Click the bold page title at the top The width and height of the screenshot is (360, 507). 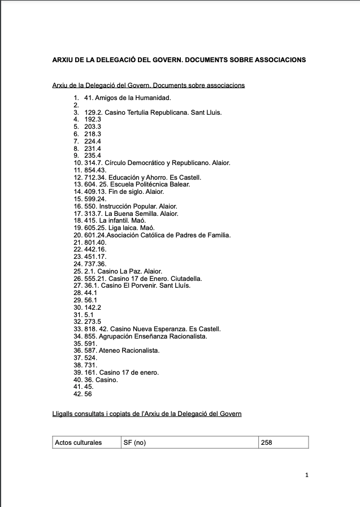coord(179,59)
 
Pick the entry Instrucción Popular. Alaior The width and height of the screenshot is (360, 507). coord(130,206)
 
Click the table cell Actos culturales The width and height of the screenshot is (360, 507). coord(79,442)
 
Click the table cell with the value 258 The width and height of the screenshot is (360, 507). coord(266,442)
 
